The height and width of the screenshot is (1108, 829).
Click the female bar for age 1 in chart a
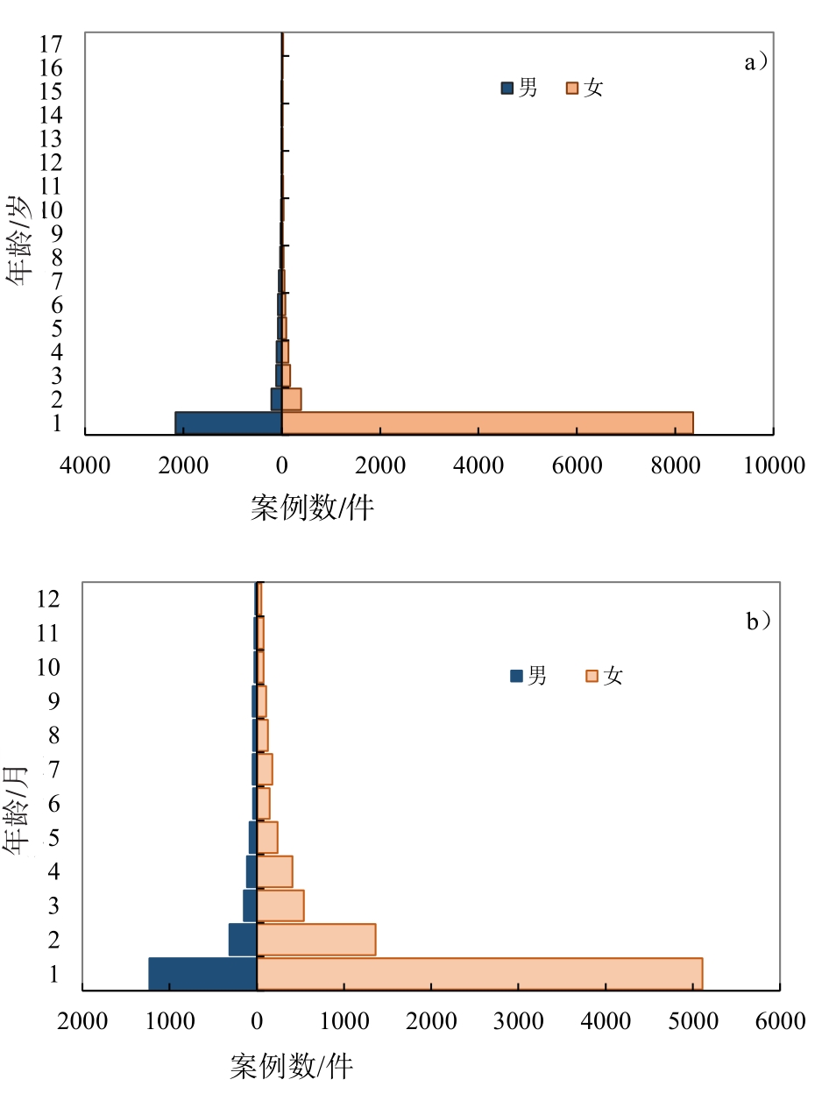coord(487,423)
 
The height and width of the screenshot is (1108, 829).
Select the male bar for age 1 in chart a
coord(229,423)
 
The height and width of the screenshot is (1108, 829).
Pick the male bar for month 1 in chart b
coord(202,974)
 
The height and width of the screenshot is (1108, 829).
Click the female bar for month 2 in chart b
coord(316,940)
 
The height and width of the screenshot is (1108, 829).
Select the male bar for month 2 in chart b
coord(243,940)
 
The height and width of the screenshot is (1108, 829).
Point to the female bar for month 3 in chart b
coord(280,906)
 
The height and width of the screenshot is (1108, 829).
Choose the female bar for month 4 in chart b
coord(274,871)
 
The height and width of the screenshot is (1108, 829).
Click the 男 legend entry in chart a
coord(520,88)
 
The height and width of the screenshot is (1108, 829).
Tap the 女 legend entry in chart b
coord(604,676)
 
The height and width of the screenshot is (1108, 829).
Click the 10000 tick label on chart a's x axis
coord(774,465)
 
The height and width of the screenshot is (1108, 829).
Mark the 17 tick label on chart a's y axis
coord(50,43)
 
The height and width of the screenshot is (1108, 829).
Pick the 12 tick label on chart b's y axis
coord(48,599)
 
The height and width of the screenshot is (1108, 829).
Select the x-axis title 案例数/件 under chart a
coord(312,508)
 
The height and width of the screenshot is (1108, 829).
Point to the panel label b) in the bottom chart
coord(759,621)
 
